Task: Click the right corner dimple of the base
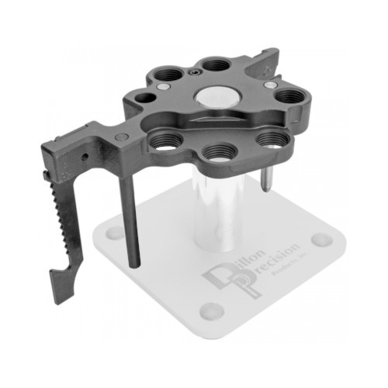point(321,238)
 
